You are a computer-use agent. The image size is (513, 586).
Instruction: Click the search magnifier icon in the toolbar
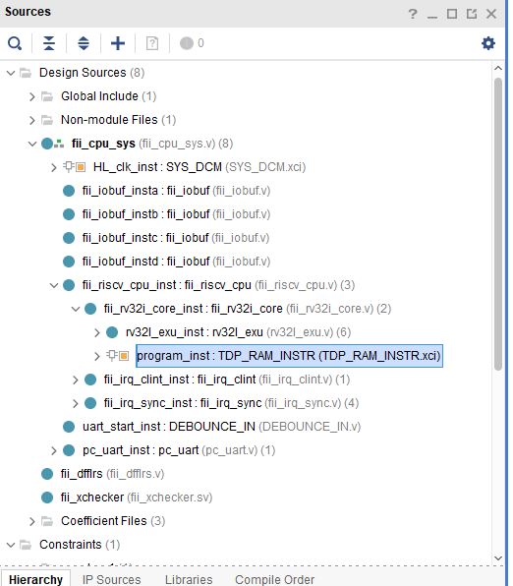tap(15, 43)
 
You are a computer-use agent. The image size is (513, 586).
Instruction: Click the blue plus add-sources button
tap(118, 43)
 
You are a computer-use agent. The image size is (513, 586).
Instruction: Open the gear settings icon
tap(488, 43)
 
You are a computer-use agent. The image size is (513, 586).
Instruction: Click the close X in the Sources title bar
tap(491, 14)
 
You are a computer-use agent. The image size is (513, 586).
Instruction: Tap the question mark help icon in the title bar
tap(413, 14)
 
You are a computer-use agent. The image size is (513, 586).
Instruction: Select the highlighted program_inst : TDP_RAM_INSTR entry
tap(289, 356)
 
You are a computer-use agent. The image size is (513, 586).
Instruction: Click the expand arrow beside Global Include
tap(32, 96)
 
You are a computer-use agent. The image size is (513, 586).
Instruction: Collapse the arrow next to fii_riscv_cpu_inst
tap(54, 285)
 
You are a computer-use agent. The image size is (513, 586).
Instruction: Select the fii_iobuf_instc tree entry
tap(176, 238)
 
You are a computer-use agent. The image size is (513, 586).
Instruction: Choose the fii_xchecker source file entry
tap(137, 498)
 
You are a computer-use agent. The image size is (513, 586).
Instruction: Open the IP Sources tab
tap(111, 579)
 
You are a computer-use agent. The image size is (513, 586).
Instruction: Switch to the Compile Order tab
tap(274, 579)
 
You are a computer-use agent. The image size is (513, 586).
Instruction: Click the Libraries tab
tap(189, 579)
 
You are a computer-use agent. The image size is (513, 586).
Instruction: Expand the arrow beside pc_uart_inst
tap(54, 450)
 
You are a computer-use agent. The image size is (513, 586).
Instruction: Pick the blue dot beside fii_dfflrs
tap(47, 474)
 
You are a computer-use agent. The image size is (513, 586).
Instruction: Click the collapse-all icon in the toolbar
tap(49, 43)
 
